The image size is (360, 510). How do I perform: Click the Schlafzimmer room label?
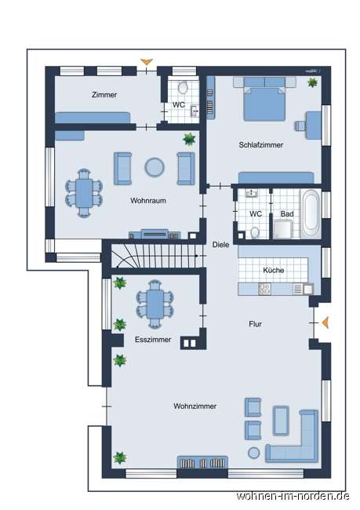click(x=261, y=145)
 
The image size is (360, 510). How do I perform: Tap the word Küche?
click(x=274, y=270)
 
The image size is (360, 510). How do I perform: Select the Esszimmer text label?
click(x=153, y=341)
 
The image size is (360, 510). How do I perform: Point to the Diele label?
click(x=221, y=244)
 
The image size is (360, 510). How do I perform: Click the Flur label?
click(x=256, y=323)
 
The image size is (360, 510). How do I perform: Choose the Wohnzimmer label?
click(x=195, y=406)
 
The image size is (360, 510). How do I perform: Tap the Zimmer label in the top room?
click(x=104, y=95)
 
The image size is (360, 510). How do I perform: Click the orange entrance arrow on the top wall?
click(x=145, y=62)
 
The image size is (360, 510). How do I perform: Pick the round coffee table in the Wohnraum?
click(x=155, y=167)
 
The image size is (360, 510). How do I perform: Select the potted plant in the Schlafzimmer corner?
click(x=313, y=82)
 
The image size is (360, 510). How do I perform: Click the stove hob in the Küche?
click(x=264, y=289)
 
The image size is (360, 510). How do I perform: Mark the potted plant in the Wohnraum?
click(x=189, y=140)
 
